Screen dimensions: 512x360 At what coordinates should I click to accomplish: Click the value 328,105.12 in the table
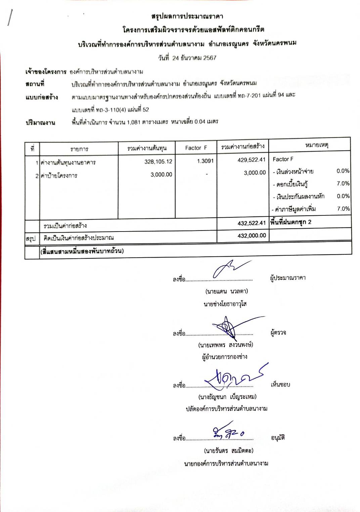(158, 162)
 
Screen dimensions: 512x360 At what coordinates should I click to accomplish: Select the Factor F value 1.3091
(205, 161)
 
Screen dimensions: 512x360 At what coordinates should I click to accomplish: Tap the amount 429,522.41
(251, 160)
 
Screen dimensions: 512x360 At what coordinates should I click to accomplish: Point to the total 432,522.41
(251, 223)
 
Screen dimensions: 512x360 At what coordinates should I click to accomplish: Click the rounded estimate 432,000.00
(252, 236)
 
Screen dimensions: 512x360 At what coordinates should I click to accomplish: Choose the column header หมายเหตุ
(316, 145)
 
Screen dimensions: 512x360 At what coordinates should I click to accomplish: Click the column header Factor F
(196, 148)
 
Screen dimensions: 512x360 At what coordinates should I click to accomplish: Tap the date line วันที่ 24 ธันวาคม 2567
(187, 58)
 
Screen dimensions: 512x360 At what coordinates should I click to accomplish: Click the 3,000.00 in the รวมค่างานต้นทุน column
(161, 174)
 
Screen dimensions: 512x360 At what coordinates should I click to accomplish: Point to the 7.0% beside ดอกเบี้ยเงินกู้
(343, 184)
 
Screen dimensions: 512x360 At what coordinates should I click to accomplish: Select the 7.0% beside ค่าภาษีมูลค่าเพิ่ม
(343, 209)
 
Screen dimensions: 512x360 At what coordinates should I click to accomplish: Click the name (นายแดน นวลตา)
(227, 291)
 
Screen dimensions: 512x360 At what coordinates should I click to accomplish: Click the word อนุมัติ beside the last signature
(278, 438)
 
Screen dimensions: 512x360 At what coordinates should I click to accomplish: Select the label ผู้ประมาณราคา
(288, 278)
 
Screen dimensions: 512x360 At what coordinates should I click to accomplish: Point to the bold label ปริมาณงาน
(40, 123)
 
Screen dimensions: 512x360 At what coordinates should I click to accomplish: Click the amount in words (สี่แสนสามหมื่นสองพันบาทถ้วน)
(82, 251)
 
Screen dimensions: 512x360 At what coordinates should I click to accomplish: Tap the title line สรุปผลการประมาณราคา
(187, 16)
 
